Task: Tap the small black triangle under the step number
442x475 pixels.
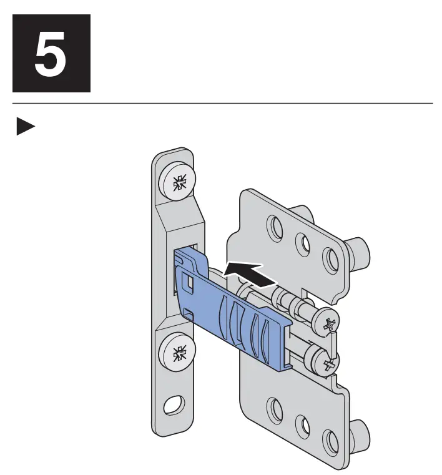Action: (x=25, y=127)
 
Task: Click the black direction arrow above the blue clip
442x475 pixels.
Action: (x=249, y=273)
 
